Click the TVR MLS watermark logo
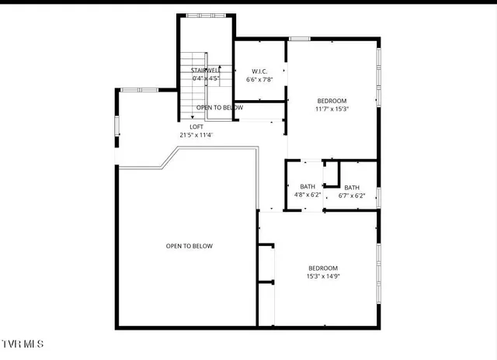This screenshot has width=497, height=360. [x=23, y=343]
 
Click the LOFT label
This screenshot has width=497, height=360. [x=196, y=126]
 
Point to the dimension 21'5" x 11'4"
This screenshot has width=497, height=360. [x=196, y=135]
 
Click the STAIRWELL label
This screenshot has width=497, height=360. [x=206, y=71]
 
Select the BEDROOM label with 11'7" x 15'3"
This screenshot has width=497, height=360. [x=332, y=101]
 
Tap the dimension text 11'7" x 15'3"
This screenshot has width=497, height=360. [x=332, y=109]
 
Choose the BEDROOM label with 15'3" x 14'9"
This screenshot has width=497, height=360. [x=323, y=268]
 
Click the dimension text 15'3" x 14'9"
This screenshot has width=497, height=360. [x=323, y=276]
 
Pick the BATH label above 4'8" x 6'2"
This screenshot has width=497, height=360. [x=307, y=186]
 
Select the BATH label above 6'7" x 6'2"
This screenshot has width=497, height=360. [x=352, y=187]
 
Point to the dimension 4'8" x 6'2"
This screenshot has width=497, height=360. [x=307, y=195]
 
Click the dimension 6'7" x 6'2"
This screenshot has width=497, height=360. [x=352, y=196]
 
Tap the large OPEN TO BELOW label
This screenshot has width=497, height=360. [x=189, y=246]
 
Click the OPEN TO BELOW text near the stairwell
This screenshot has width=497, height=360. [x=219, y=108]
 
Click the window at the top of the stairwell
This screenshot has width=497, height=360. [x=206, y=16]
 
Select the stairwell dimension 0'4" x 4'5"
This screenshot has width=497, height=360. [x=206, y=78]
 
